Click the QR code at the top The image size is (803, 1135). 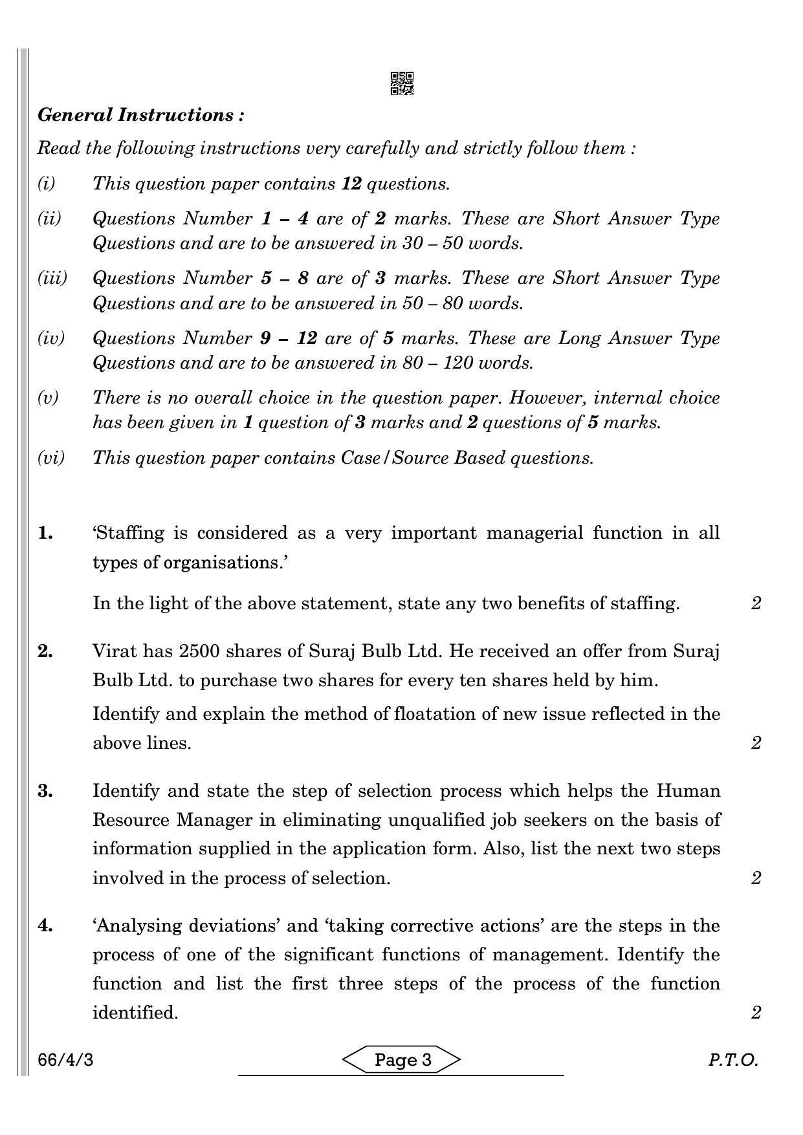point(402,83)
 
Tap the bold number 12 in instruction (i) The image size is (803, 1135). point(351,184)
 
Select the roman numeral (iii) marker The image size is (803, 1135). point(52,278)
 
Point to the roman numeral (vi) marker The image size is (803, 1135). point(51,458)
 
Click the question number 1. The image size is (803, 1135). point(45,533)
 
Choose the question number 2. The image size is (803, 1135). point(45,651)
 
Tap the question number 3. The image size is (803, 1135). point(45,791)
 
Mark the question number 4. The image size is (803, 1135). point(45,925)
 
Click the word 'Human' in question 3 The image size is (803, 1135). point(688,791)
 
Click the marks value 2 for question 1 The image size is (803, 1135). point(756,603)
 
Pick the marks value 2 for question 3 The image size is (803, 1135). point(756,878)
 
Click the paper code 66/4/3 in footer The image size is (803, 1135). point(66,1061)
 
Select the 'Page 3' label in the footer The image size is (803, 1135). point(402,1060)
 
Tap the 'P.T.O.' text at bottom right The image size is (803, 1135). point(732,1061)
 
